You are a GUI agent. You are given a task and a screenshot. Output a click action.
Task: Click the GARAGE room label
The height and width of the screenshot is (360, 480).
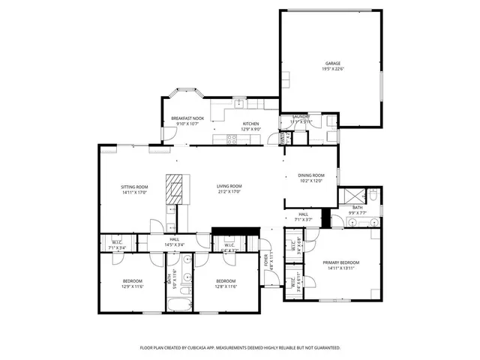point(332,63)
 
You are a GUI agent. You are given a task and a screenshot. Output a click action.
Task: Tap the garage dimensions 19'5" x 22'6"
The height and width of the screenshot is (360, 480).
point(332,69)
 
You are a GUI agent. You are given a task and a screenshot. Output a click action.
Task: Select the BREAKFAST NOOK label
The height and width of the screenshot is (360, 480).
point(187,118)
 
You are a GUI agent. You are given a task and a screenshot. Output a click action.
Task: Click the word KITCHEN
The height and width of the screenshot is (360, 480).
point(250,123)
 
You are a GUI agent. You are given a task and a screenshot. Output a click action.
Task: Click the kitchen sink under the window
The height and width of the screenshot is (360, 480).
point(238,103)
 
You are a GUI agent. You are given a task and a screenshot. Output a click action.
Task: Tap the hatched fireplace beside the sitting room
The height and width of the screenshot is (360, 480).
point(174,190)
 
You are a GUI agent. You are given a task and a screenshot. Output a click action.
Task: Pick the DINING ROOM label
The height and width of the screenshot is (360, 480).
point(310,175)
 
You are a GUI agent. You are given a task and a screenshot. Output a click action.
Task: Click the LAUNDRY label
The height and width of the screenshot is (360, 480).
point(301,116)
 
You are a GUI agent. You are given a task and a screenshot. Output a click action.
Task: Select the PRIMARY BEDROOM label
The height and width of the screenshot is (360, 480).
point(341,262)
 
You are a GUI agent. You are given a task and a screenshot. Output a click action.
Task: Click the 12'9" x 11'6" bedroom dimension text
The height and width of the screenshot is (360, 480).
point(132,286)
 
